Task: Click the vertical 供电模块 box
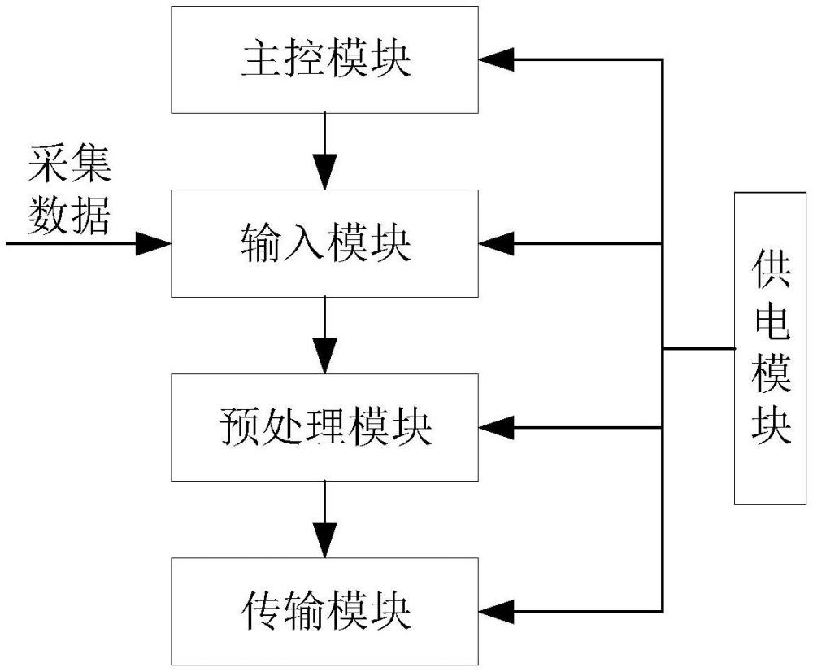point(772,348)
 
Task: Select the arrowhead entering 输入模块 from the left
point(154,243)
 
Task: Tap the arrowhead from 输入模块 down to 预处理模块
point(325,357)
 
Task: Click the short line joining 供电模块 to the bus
point(699,349)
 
